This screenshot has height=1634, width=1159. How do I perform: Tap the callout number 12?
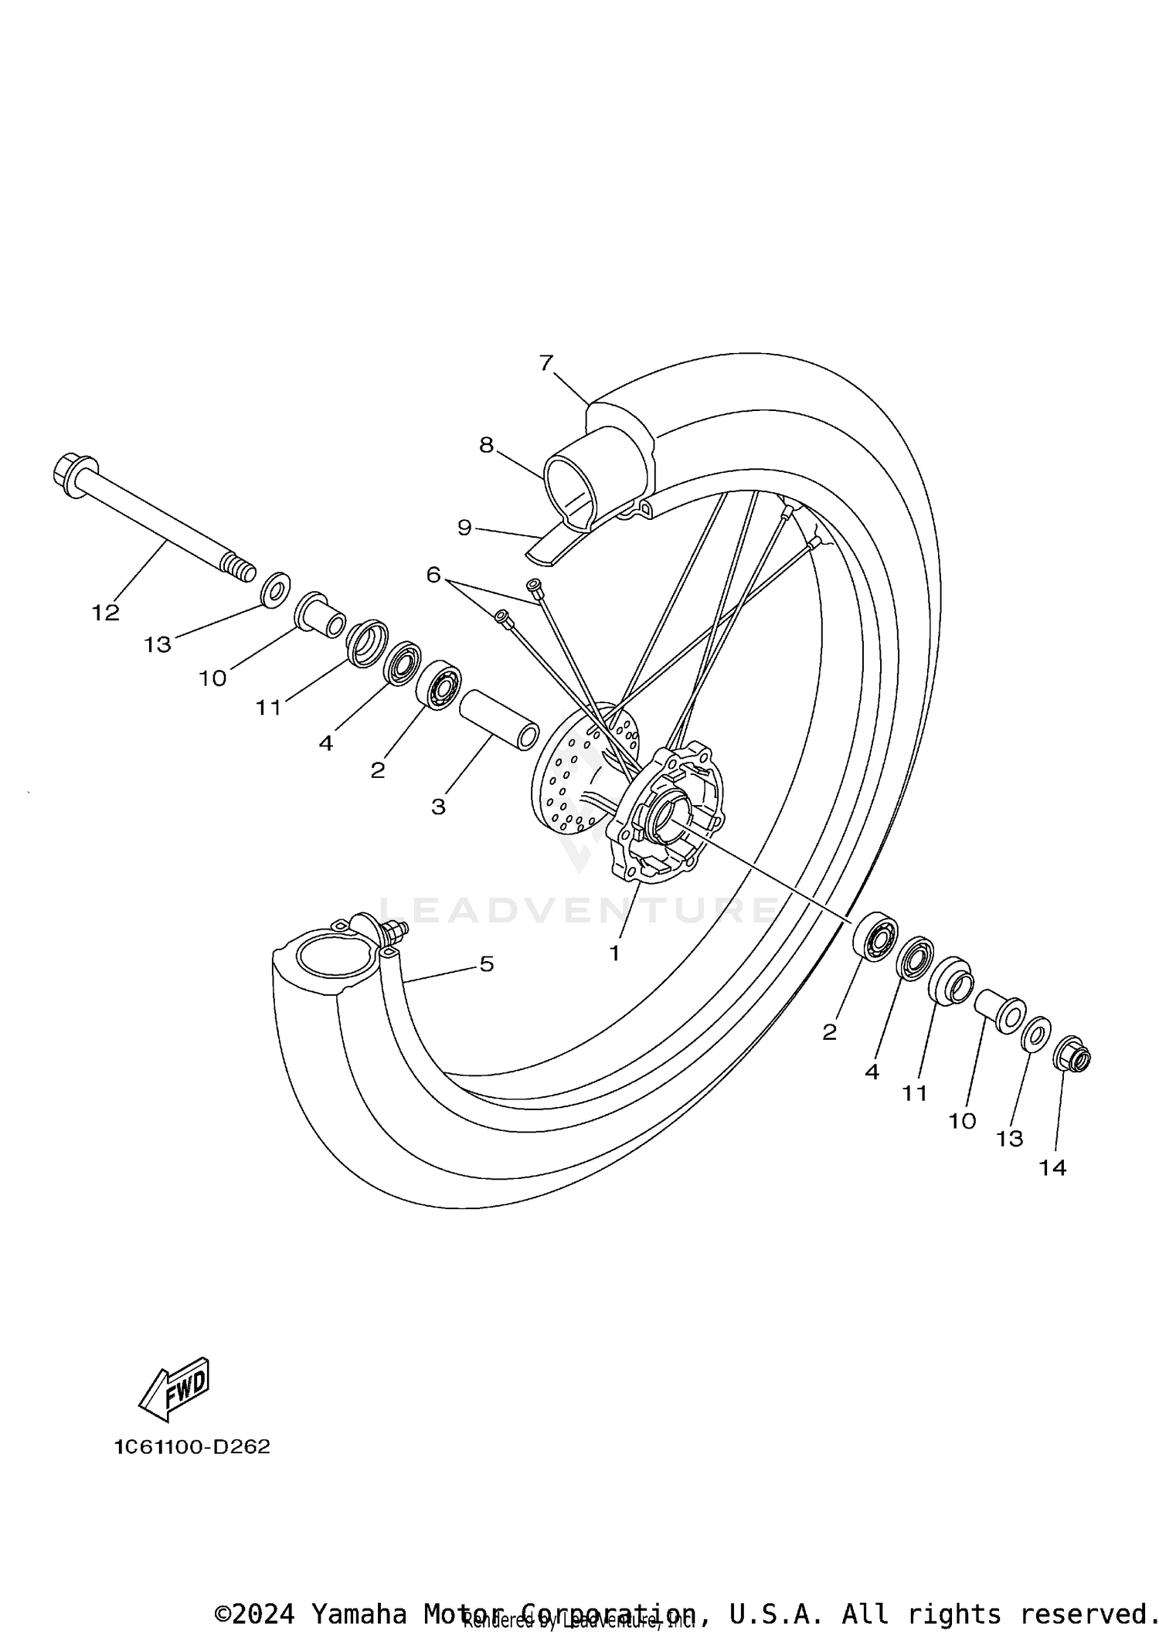[x=106, y=613]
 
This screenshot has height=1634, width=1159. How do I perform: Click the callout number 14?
[x=1052, y=1167]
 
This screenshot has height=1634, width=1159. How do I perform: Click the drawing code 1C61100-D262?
[x=193, y=1447]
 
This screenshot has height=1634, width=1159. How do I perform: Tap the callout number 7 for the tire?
[x=546, y=362]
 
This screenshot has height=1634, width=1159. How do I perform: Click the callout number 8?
[x=486, y=445]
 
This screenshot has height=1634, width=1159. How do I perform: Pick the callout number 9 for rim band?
[x=464, y=528]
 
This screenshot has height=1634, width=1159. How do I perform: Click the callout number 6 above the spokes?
[x=433, y=575]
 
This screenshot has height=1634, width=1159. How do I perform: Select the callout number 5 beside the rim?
[x=487, y=963]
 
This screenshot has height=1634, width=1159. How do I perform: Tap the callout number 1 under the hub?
[x=614, y=953]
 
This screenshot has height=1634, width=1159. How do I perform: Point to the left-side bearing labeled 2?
[x=439, y=685]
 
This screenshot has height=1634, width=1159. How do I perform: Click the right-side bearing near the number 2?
[x=875, y=936]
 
